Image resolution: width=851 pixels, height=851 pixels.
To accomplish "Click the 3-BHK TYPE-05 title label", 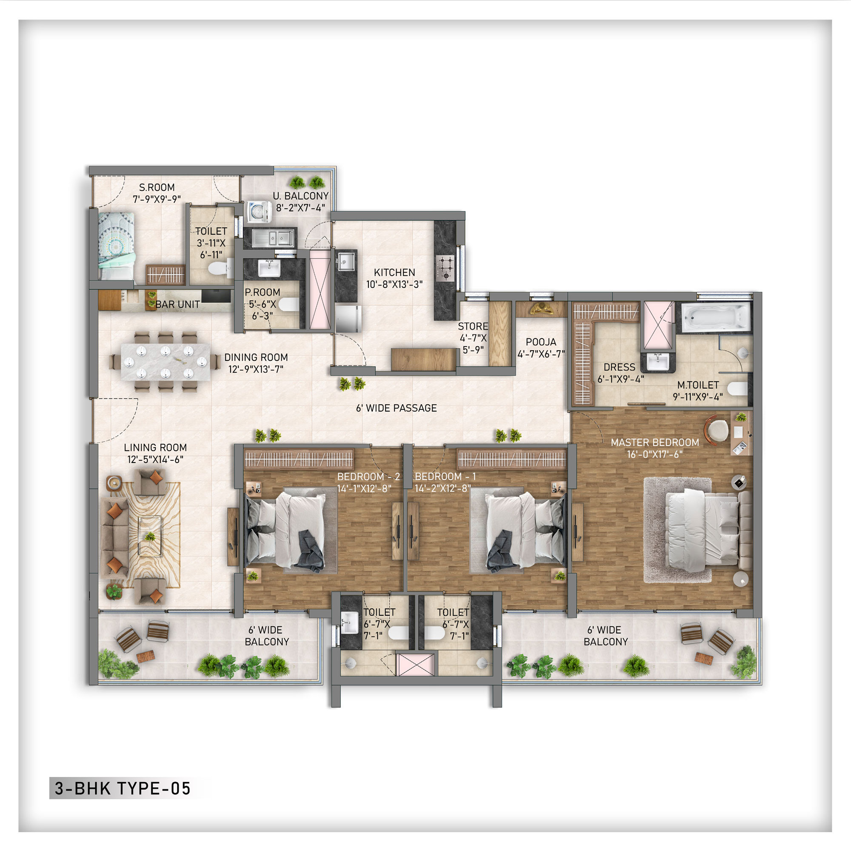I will [123, 788].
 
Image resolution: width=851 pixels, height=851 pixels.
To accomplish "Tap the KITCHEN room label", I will [394, 273].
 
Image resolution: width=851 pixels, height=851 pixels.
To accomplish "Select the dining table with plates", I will [166, 362].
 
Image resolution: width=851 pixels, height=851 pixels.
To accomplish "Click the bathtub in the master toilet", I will [715, 317].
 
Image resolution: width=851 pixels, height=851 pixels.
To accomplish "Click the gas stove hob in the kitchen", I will [445, 268].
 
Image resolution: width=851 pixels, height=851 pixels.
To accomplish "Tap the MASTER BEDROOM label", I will [654, 442].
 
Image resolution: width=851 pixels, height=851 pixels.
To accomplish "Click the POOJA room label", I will [541, 342].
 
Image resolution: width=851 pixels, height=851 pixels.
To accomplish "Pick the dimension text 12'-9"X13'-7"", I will [255, 369].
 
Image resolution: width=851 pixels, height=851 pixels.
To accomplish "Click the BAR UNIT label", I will [177, 304].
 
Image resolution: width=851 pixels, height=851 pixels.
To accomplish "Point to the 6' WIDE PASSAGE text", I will [396, 408].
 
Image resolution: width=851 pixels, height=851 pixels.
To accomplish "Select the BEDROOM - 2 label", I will [368, 477].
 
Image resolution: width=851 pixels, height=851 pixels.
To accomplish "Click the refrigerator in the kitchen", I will [348, 318].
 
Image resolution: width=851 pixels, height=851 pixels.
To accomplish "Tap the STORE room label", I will [473, 326].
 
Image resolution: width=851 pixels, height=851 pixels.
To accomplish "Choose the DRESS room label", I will [619, 367].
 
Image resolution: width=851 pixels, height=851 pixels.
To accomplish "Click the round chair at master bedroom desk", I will [718, 429].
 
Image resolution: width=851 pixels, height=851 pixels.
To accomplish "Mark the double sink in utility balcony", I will [273, 239].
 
